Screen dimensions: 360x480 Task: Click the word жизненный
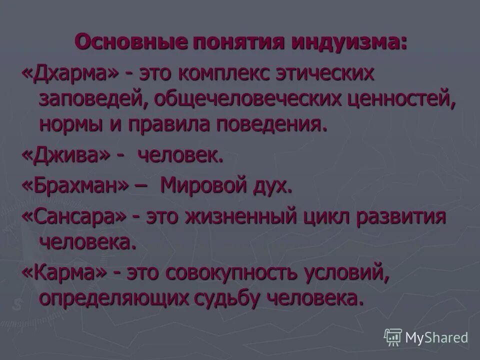[x=240, y=217]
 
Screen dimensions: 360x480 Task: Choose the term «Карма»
[x=65, y=273]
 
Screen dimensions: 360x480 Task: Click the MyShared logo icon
[x=393, y=337]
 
